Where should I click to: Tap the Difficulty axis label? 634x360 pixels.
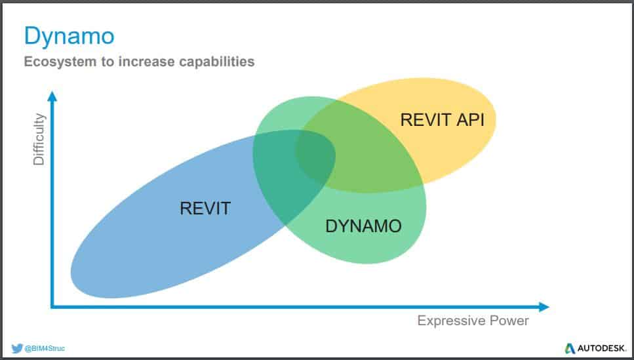39,139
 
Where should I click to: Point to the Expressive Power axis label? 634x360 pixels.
473,321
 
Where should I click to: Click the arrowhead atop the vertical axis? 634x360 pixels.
52,96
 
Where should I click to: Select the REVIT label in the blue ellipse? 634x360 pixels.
205,209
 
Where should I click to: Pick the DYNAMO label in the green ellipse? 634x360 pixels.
363,226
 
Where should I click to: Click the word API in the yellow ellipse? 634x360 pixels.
471,120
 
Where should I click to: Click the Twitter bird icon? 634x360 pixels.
16,348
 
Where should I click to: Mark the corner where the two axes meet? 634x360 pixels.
52,306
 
